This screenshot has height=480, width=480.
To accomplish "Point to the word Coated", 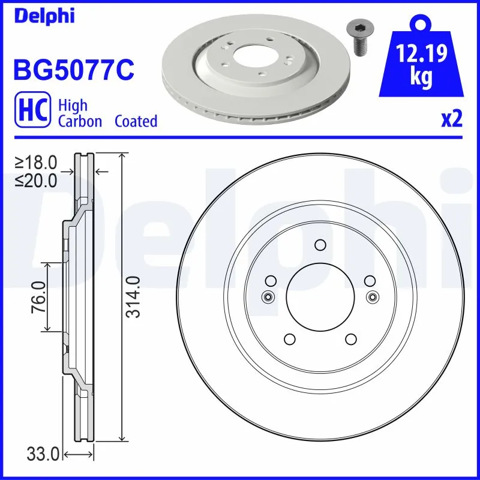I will point(136,121).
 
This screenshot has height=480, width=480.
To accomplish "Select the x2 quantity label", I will point(451,119).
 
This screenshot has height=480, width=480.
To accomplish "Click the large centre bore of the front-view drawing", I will point(320,296).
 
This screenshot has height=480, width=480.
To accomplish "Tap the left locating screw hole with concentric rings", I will point(268,296).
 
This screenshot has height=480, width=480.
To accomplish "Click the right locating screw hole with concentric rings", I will point(373,296).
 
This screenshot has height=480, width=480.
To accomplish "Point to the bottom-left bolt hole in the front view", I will point(289,339).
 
